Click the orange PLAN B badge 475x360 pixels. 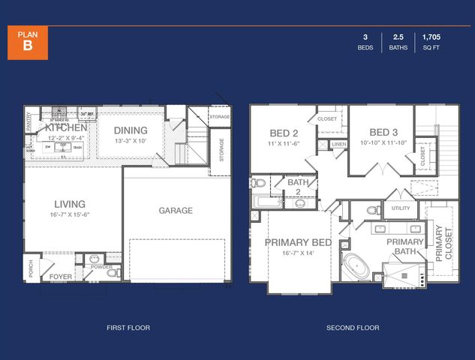point(28,41)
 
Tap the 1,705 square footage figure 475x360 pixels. point(431,37)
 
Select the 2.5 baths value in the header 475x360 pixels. point(398,37)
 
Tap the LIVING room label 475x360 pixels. point(69,203)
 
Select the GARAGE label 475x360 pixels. point(176,211)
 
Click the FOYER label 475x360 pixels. point(61,276)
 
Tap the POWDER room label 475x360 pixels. point(101,267)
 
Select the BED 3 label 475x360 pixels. point(384,130)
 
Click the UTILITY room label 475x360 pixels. point(399,208)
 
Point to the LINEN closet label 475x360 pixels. point(338,144)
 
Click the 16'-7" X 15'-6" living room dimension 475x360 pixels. point(69,214)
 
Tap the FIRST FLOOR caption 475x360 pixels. point(129,328)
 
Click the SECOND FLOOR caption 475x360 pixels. point(353,328)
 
